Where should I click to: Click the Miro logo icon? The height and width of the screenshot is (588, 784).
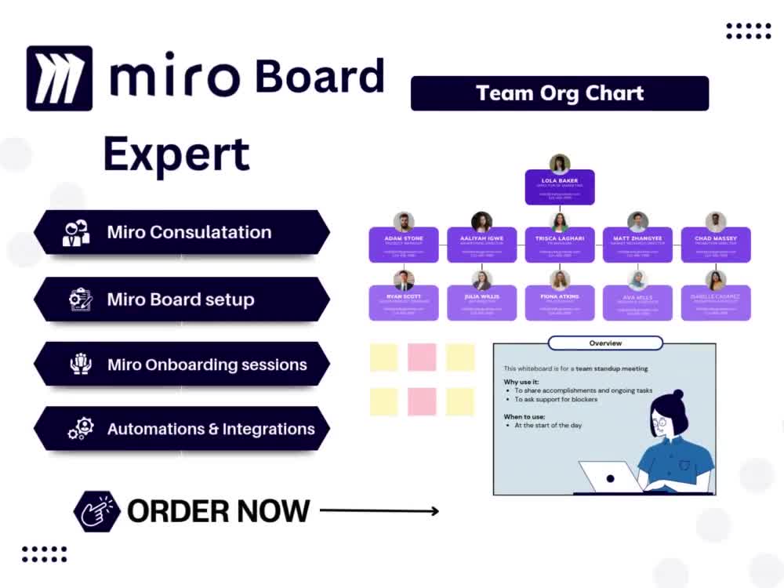60,78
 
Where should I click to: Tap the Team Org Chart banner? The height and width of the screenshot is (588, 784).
560,93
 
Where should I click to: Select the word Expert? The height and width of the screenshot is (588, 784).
176,154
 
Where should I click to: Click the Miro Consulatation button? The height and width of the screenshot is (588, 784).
182,232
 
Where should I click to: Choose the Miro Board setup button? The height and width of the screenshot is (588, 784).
182,299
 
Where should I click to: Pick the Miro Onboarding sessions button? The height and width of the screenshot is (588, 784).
182,365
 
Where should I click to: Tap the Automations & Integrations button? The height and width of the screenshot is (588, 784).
182,429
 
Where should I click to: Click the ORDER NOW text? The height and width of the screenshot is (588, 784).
219,511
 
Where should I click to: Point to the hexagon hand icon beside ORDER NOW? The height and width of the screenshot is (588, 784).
96,511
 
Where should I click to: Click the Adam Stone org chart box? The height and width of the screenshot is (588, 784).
404,245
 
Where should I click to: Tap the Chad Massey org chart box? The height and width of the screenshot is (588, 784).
716,245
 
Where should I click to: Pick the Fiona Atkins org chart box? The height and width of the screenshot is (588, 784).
560,303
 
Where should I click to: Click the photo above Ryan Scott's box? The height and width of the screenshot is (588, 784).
404,280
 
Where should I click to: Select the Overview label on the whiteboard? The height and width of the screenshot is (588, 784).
605,343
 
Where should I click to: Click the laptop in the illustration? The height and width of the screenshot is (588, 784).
610,476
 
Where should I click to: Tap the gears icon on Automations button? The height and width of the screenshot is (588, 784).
80,429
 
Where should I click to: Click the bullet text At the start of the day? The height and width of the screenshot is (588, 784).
548,425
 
